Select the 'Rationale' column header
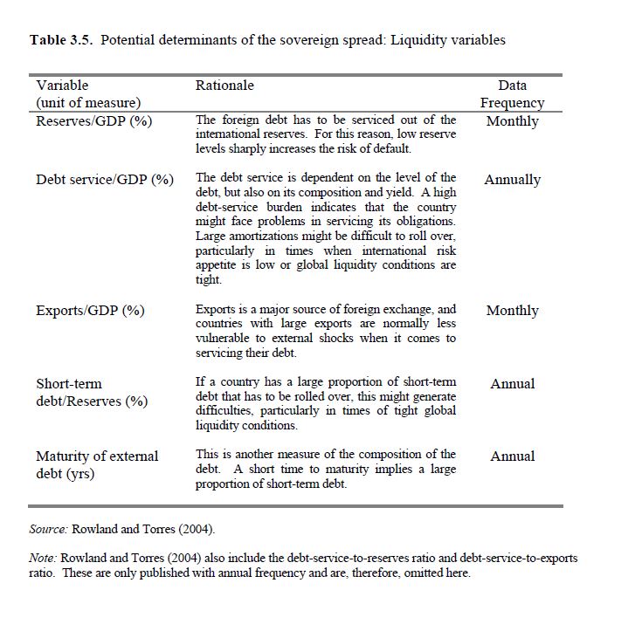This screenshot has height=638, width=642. tap(224, 86)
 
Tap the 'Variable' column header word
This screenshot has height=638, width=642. tap(62, 86)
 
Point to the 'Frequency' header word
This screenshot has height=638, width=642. tap(512, 103)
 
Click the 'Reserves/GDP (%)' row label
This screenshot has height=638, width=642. tap(93, 121)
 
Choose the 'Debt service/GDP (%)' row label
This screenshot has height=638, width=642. tap(105, 180)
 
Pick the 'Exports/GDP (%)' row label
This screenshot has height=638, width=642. tap(90, 311)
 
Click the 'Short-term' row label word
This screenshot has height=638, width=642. tap(69, 384)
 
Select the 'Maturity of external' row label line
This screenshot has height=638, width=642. tap(97, 456)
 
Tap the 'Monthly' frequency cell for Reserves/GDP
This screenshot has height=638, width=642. tap(512, 121)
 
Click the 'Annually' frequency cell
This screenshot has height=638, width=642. tap(512, 180)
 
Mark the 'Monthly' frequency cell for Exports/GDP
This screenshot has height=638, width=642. tap(512, 311)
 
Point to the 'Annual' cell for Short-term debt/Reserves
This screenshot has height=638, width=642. tap(512, 384)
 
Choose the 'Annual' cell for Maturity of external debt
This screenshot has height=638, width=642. tap(512, 456)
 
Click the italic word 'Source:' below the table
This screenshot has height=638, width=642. tap(48, 529)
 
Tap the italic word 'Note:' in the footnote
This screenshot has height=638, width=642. tap(44, 558)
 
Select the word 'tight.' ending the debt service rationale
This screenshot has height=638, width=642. tap(209, 280)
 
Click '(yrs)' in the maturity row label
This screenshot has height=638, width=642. tap(78, 474)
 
